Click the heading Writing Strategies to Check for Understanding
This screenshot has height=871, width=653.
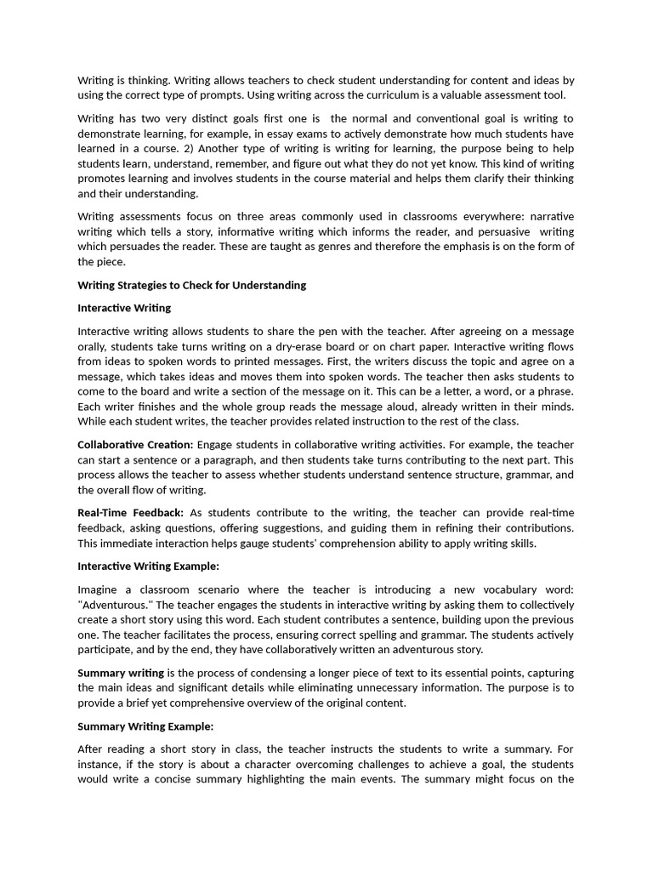[192, 285]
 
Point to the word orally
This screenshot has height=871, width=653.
[94, 346]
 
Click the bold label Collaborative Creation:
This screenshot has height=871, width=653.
[135, 445]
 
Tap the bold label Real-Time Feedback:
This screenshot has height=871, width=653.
[130, 513]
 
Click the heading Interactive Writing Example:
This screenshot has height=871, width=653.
[148, 566]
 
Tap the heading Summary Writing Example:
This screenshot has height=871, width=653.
[145, 726]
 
